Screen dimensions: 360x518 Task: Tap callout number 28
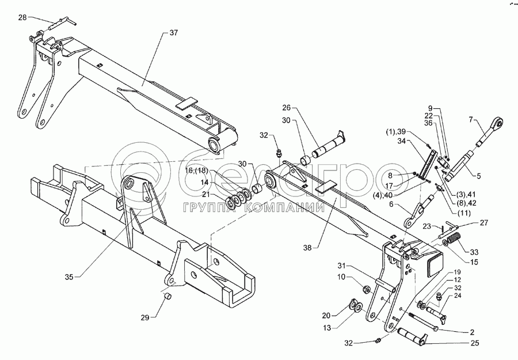tap(22, 18)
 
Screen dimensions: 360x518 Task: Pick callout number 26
tap(287, 107)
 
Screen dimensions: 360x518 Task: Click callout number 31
tap(342, 266)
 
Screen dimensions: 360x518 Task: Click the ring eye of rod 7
tap(498, 122)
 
